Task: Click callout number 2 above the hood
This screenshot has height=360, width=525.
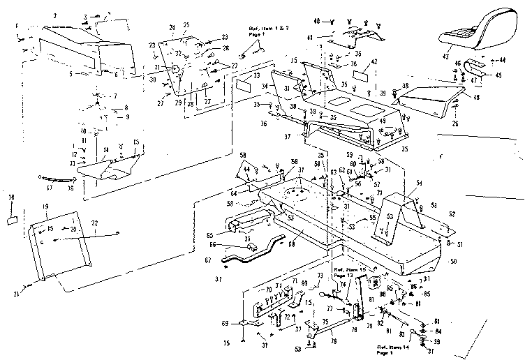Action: [x=54, y=15]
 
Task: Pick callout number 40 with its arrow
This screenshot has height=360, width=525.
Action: [x=316, y=21]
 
